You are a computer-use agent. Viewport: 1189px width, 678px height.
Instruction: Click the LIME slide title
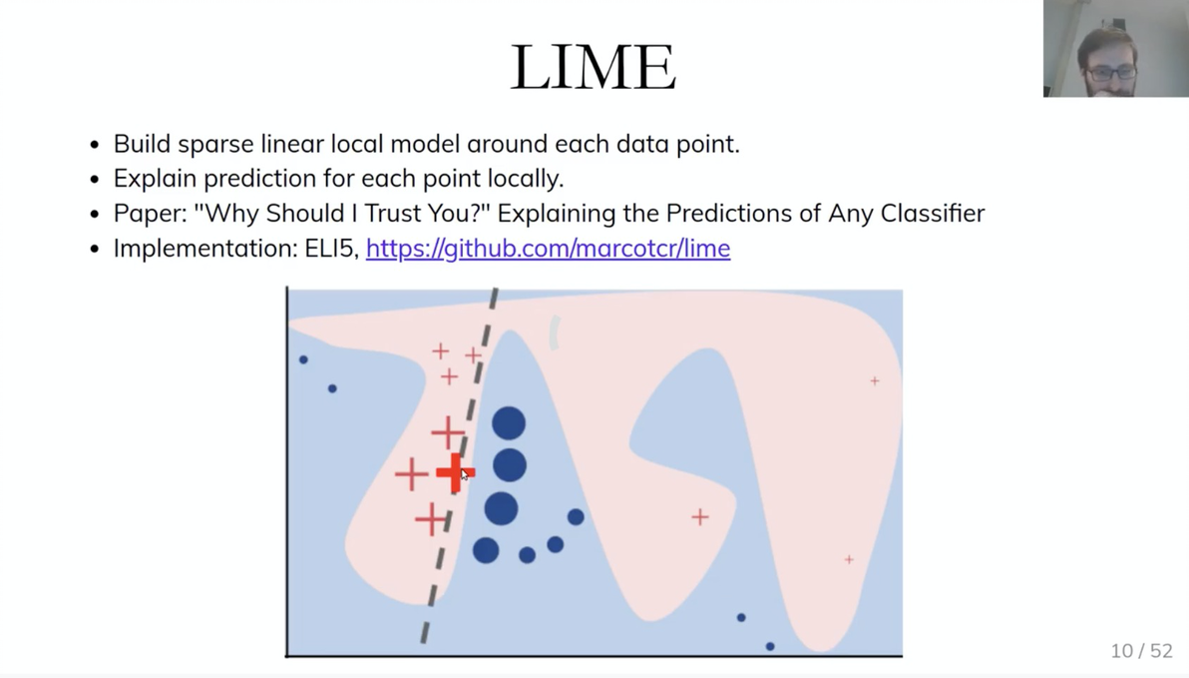click(593, 67)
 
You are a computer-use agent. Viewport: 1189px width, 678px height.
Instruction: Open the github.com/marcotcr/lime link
click(549, 249)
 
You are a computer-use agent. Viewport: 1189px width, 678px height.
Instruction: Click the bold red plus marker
click(454, 472)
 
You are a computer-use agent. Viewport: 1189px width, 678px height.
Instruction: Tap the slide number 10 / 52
click(1141, 651)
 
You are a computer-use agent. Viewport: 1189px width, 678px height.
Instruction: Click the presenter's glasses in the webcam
click(1110, 74)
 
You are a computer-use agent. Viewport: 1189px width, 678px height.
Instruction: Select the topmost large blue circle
click(509, 423)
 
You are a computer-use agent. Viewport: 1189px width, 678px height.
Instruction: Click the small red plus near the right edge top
click(875, 380)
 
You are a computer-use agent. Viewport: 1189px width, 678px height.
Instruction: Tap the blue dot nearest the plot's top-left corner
click(303, 359)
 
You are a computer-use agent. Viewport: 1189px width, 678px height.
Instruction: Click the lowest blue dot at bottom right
click(770, 646)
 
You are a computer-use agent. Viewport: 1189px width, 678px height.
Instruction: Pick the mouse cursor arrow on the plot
click(464, 474)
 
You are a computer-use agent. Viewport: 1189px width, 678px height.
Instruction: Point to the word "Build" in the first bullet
click(142, 144)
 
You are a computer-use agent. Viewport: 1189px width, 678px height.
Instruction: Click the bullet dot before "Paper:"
click(95, 214)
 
